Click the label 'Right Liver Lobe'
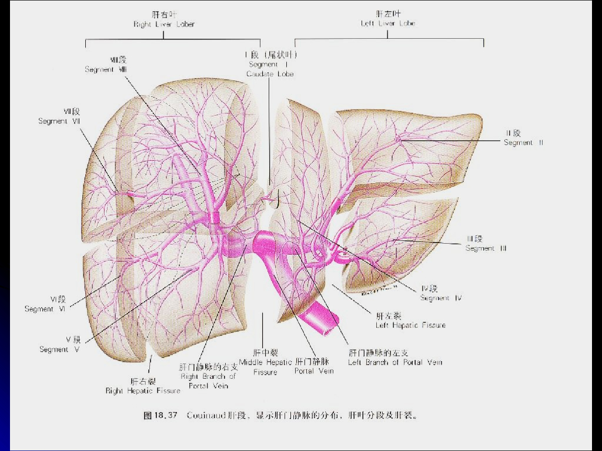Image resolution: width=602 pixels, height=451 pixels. click(164, 24)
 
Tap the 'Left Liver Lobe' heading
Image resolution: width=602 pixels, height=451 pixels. click(387, 23)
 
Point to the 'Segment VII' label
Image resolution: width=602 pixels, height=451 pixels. click(59, 121)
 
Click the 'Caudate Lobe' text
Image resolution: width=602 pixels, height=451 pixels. click(270, 74)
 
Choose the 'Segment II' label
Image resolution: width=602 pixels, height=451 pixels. click(519, 143)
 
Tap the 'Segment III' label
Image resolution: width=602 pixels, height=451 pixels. click(486, 248)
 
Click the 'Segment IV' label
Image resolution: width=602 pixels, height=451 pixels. click(441, 298)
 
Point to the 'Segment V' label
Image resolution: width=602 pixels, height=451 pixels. click(59, 349)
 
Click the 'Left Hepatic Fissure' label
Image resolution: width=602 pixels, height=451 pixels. click(410, 325)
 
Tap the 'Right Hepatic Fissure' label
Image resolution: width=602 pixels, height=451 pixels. click(143, 391)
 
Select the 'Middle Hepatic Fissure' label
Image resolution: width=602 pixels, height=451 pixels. click(265, 362)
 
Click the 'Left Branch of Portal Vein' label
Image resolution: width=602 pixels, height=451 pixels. click(395, 362)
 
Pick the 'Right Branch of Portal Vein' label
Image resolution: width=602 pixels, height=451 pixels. click(208, 376)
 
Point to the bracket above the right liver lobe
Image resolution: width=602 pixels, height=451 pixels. click(164, 40)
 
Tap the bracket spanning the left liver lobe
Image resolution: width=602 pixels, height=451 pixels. click(389, 40)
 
